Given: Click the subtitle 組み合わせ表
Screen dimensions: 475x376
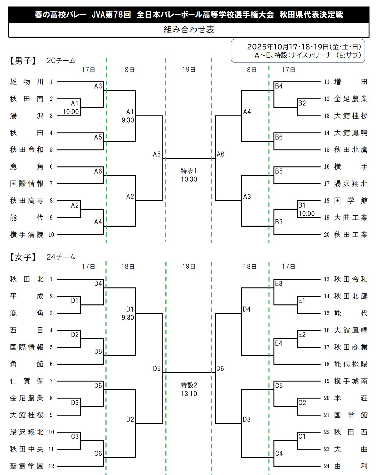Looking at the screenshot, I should (189, 30).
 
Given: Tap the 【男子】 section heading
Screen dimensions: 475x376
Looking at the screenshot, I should (23, 61).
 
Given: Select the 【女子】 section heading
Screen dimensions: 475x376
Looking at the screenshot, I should (23, 257).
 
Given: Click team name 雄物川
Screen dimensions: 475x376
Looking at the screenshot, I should (27, 82).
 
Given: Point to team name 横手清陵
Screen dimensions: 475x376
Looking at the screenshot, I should (27, 235).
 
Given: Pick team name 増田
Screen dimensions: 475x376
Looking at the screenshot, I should (351, 82).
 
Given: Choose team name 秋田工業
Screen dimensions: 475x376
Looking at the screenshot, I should (351, 235).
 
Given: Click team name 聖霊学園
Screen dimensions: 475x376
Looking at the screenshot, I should (27, 466).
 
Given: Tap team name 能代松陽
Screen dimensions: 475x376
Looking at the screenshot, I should (351, 364).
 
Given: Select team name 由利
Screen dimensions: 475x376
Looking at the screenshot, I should (351, 466).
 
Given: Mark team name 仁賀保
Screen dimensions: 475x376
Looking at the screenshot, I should (27, 381).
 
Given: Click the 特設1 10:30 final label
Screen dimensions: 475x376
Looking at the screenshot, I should (189, 175).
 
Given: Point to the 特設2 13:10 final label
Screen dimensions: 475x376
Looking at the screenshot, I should (189, 389).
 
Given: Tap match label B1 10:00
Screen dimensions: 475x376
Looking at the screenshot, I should (306, 209).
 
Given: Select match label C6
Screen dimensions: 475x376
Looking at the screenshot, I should (98, 453).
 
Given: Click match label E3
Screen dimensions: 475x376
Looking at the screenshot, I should (279, 283).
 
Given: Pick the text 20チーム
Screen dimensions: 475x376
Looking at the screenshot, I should (61, 61).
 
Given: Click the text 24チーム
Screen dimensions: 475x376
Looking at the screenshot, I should (61, 257).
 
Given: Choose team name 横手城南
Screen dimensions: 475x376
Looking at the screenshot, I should (351, 381).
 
